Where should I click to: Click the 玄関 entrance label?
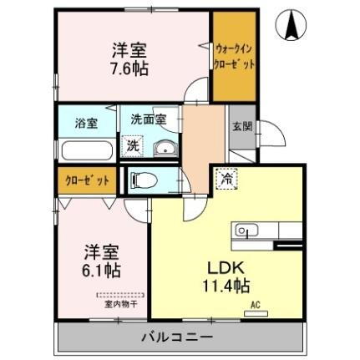(241, 128)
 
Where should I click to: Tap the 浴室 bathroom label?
(86, 122)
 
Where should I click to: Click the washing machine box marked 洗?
(133, 145)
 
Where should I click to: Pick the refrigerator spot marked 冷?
(226, 176)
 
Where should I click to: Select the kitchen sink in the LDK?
(244, 230)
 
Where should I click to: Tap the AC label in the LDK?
(257, 306)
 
